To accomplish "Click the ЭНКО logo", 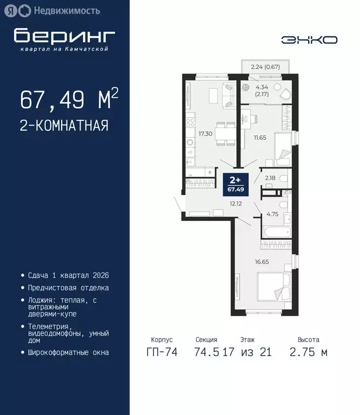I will pos(309,39).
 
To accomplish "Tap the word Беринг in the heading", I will pos(64,36).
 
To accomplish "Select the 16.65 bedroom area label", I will pos(261,262).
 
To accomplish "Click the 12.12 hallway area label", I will pos(235,204).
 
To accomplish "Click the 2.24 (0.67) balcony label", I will pos(265,67).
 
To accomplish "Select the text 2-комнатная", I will pos(64,126).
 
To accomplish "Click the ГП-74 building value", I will pos(162,352).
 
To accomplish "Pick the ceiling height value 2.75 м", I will pos(308,352).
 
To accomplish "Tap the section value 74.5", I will pos(206,352).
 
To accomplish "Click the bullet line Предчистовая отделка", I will pos(69,288).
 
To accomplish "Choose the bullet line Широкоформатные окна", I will pos(69,352).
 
